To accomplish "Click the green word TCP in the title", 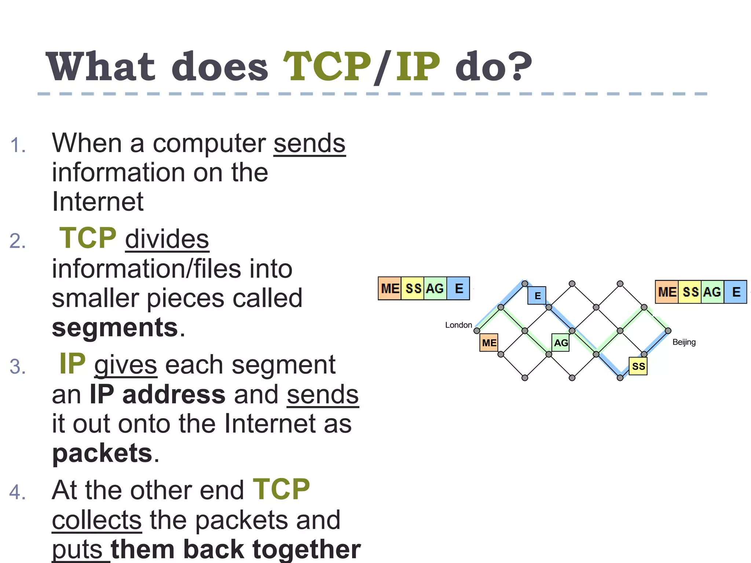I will pos(327,67).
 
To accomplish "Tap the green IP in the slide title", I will pos(418,67).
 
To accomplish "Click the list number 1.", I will pos(18,146).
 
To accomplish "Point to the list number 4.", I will pos(18,492).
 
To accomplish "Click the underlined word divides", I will pos(167,239).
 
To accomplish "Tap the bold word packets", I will pos(102,453).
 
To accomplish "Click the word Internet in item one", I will pos(98,202).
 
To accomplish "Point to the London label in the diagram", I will pos(458,325).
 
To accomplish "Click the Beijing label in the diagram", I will pos(684,342).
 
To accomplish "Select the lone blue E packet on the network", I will pos(537,295).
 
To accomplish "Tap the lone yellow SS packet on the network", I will pos(638,366).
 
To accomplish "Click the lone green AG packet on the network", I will pos(561,343).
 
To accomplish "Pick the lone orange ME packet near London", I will pos(489,343).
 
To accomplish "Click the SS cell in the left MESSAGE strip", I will pos(413,288).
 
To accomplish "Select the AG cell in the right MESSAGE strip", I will pos(712,292).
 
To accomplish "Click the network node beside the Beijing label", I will pos(668,331).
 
